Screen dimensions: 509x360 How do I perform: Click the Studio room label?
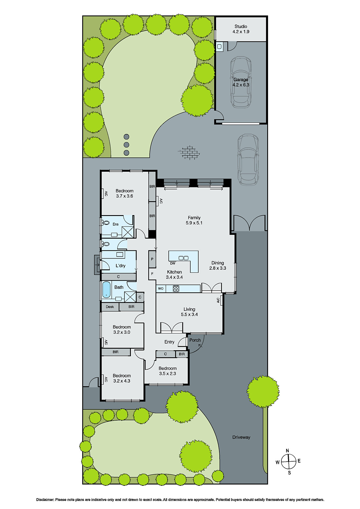[241, 29]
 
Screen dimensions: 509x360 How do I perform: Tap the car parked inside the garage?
[241, 82]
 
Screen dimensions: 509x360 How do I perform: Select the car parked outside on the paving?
[248, 160]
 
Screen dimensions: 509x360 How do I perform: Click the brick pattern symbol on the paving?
[190, 152]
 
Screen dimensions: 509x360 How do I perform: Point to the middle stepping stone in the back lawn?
[126, 145]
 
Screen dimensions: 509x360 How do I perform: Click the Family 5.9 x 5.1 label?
[194, 220]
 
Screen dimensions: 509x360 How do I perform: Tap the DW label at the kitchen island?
[173, 263]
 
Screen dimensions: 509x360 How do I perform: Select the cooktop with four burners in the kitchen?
[176, 289]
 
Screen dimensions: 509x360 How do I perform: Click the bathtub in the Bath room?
[106, 290]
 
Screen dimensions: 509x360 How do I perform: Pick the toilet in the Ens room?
[105, 223]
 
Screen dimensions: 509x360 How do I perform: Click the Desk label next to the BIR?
[110, 307]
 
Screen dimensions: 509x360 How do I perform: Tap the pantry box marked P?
[152, 259]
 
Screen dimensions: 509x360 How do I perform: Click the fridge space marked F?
[152, 274]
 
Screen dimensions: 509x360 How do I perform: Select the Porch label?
[195, 340]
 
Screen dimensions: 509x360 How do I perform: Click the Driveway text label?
[241, 437]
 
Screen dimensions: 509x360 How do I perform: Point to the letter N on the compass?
[287, 451]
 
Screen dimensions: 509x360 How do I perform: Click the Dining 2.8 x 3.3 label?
[218, 265]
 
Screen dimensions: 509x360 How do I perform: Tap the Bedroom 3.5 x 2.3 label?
[167, 371]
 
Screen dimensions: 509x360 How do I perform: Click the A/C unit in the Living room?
[219, 300]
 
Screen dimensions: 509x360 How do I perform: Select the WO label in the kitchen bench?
[161, 289]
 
